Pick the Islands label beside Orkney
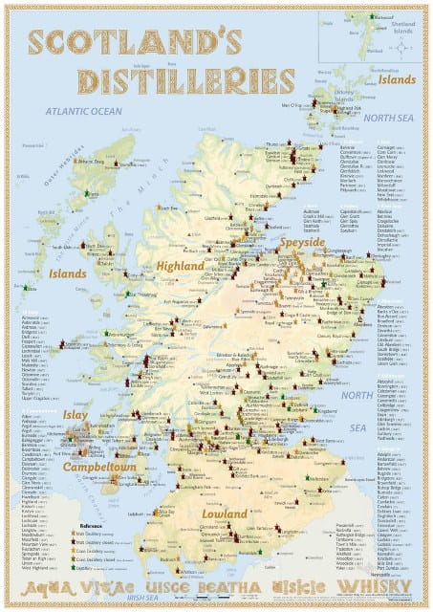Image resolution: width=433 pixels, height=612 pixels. tap(395, 80)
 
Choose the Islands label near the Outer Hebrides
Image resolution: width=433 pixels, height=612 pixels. tap(68, 273)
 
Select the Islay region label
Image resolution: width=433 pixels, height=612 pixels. tap(76, 416)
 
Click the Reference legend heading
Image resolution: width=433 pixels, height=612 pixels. tap(92, 525)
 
